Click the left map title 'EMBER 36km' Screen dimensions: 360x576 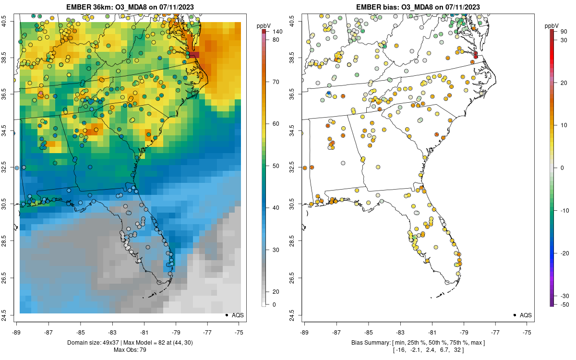89,7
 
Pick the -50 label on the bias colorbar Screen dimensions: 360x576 565,304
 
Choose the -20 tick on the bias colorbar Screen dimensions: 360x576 565,253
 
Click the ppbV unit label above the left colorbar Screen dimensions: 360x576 264,25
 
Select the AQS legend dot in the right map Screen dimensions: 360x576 515,315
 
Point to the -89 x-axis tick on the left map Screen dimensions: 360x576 17,332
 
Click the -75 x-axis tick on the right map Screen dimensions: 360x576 527,332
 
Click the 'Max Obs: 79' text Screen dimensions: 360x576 130,349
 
